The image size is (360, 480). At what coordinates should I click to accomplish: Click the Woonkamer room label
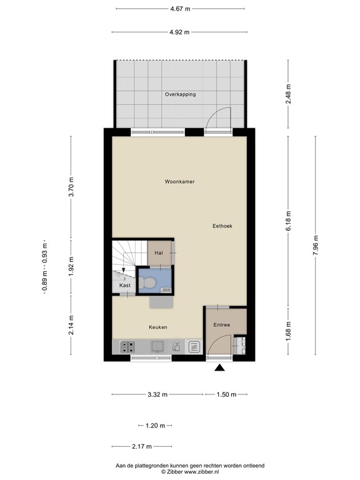[180, 181]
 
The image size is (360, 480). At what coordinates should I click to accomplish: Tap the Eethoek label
[222, 226]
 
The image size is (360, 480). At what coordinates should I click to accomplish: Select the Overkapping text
[180, 94]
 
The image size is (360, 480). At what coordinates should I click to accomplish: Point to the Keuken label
[158, 327]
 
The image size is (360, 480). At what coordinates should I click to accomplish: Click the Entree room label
[222, 325]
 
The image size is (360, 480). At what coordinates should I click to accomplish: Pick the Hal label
[159, 253]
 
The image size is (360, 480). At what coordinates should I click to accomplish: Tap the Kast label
[125, 285]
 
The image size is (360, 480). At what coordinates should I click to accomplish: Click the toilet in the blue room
[147, 282]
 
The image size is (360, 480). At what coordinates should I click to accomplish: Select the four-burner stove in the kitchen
[127, 347]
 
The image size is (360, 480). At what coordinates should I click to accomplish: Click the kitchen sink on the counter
[157, 347]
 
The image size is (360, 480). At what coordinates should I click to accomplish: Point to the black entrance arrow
[219, 367]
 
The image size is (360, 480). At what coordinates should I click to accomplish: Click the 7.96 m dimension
[316, 246]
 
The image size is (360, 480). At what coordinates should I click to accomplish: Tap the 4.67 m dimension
[180, 9]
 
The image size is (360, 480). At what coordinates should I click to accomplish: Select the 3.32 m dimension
[157, 394]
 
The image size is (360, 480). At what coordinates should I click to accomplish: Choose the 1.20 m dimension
[155, 426]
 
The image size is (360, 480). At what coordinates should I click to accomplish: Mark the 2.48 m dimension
[288, 94]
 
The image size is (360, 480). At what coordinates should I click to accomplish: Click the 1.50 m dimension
[226, 394]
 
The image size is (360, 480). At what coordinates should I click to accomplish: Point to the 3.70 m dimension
[71, 187]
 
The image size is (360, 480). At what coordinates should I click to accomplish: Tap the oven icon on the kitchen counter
[194, 347]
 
